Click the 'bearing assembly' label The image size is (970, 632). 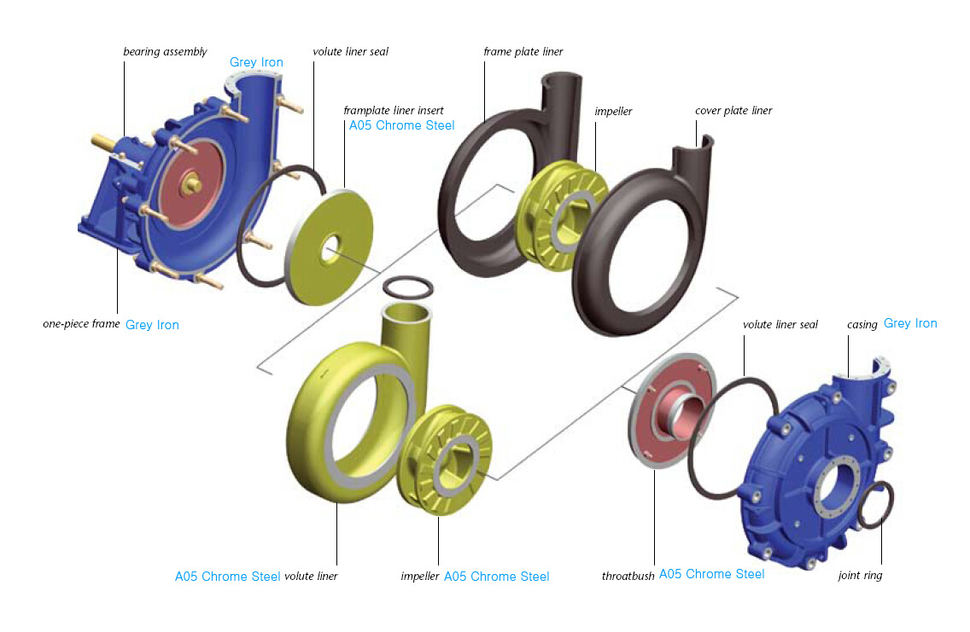point(165,52)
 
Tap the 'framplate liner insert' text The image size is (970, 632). point(394,111)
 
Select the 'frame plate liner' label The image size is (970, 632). point(523,52)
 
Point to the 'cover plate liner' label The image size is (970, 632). point(733,111)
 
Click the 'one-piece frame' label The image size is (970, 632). point(81,324)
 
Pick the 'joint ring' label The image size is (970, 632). point(860,576)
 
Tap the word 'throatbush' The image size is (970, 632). point(628,576)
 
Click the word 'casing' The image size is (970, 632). point(862,325)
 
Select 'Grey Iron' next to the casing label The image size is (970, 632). point(910,323)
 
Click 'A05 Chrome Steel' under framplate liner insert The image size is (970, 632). point(401,125)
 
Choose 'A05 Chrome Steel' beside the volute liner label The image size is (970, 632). point(228,577)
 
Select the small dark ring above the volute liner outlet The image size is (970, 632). point(407,287)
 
